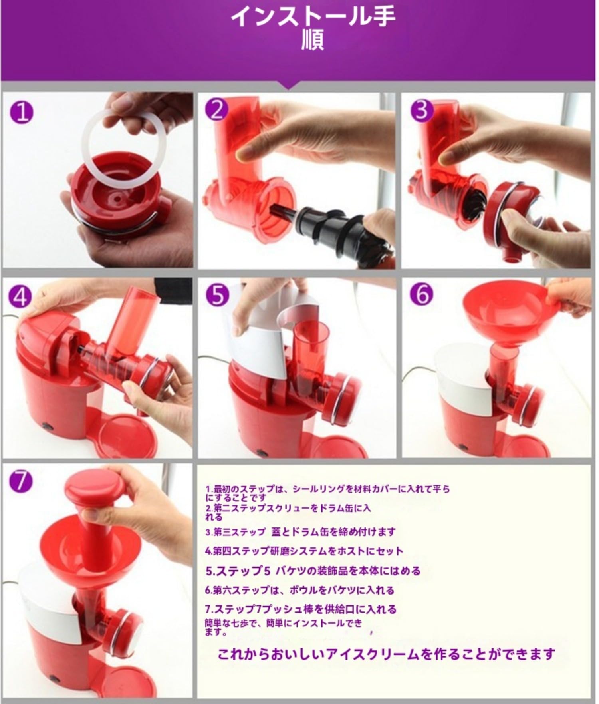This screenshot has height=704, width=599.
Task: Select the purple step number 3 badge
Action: pos(422,110)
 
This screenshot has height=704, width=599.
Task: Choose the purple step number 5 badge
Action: pos(217,295)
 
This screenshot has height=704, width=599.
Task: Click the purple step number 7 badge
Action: pos(21,482)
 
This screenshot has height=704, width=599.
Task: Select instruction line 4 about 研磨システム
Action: pos(304,551)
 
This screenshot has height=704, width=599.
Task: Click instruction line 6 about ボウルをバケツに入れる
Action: pos(299,590)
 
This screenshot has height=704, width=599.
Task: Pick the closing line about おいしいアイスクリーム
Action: pos(387,654)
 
